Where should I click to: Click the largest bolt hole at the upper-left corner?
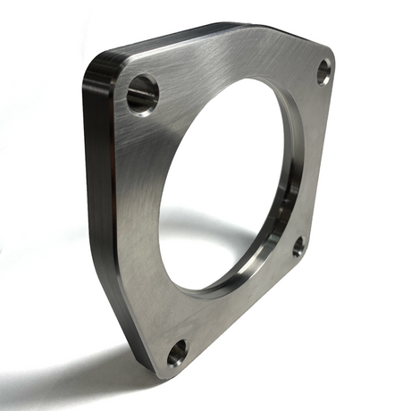click(142, 94)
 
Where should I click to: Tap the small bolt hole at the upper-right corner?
click(323, 71)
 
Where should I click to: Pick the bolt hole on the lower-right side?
click(298, 246)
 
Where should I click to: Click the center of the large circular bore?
click(228, 183)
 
